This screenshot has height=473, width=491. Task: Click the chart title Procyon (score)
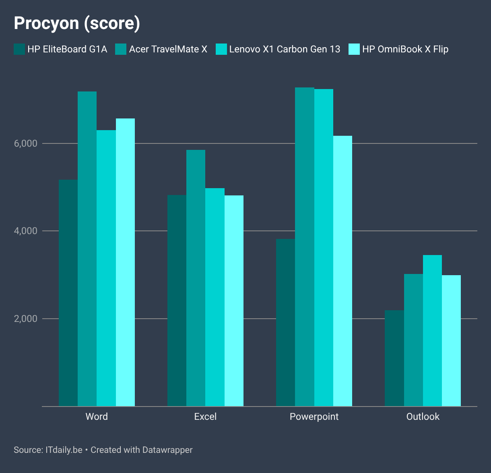[77, 23]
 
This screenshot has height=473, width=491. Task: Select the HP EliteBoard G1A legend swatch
[19, 49]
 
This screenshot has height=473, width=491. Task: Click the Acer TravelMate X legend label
[168, 49]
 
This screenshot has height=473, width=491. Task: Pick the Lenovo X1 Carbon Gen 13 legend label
[285, 49]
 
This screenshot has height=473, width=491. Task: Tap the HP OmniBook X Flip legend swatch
[354, 49]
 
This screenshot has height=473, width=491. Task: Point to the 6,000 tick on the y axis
[26, 143]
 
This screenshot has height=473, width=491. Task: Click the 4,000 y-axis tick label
[26, 231]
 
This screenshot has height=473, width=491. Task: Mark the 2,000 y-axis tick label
[26, 319]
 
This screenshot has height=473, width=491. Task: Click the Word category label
[97, 417]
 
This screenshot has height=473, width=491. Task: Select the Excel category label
[205, 417]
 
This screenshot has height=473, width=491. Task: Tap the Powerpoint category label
[314, 417]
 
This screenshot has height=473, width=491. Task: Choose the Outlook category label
[423, 417]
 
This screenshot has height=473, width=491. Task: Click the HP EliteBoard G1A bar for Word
[68, 293]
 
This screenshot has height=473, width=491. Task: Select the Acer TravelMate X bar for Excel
[196, 278]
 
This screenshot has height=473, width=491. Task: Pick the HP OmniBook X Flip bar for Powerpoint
[342, 271]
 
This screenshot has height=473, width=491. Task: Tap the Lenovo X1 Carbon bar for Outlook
[433, 330]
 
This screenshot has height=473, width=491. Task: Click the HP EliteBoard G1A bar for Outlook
[394, 358]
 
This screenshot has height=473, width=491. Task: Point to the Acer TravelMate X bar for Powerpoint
[305, 247]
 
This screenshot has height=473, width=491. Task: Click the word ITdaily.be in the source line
[64, 450]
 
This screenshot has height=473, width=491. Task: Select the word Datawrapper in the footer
[167, 450]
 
